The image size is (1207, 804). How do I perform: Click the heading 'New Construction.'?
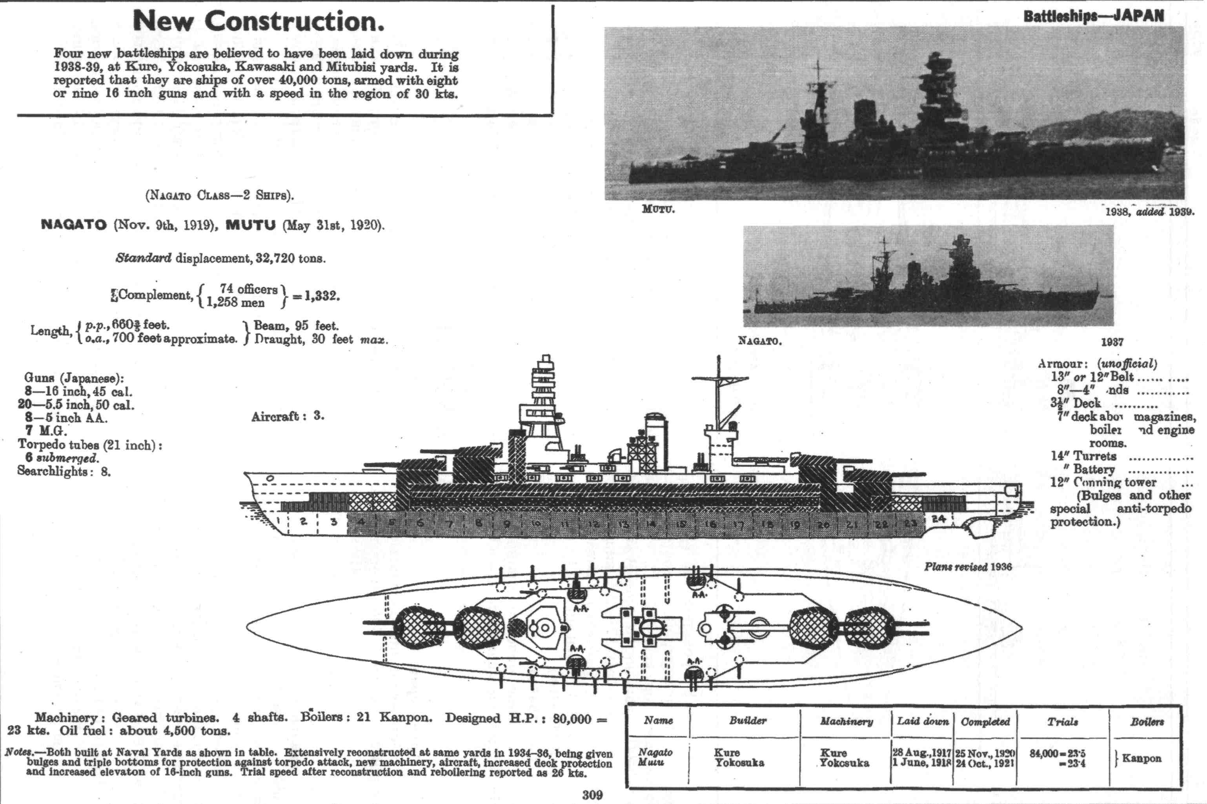[x=259, y=21]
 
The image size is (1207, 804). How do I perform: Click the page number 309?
[x=592, y=795]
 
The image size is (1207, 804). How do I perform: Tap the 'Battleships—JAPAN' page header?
[x=1093, y=16]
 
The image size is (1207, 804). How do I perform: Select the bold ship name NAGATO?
[x=73, y=225]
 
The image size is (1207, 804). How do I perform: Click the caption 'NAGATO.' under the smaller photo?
[x=759, y=341]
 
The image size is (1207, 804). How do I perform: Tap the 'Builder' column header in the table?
[x=748, y=721]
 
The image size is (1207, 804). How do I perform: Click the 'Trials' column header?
[x=1062, y=722]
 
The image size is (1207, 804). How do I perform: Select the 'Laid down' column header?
[x=923, y=721]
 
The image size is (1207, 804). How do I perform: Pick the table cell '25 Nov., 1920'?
[x=985, y=753]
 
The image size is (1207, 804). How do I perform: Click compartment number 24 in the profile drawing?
[x=938, y=519]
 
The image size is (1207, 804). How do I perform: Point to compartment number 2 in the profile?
[x=303, y=522]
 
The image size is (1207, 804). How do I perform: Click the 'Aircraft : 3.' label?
[x=287, y=417]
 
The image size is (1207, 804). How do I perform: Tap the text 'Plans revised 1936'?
[x=968, y=567]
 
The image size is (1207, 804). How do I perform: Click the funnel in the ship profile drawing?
[x=655, y=442]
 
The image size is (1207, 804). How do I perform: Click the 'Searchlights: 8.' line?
[x=64, y=471]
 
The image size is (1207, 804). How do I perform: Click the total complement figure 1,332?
[x=320, y=296]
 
